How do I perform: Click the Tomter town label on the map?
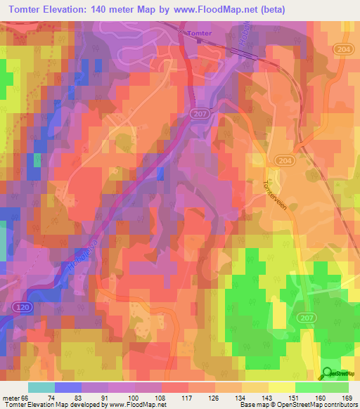tap(199, 33)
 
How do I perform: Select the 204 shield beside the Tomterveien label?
tap(283, 161)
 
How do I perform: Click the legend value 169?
tap(345, 396)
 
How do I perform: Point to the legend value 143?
tap(258, 396)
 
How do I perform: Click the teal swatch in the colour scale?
tap(41, 387)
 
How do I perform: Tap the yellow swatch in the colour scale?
tap(282, 387)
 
